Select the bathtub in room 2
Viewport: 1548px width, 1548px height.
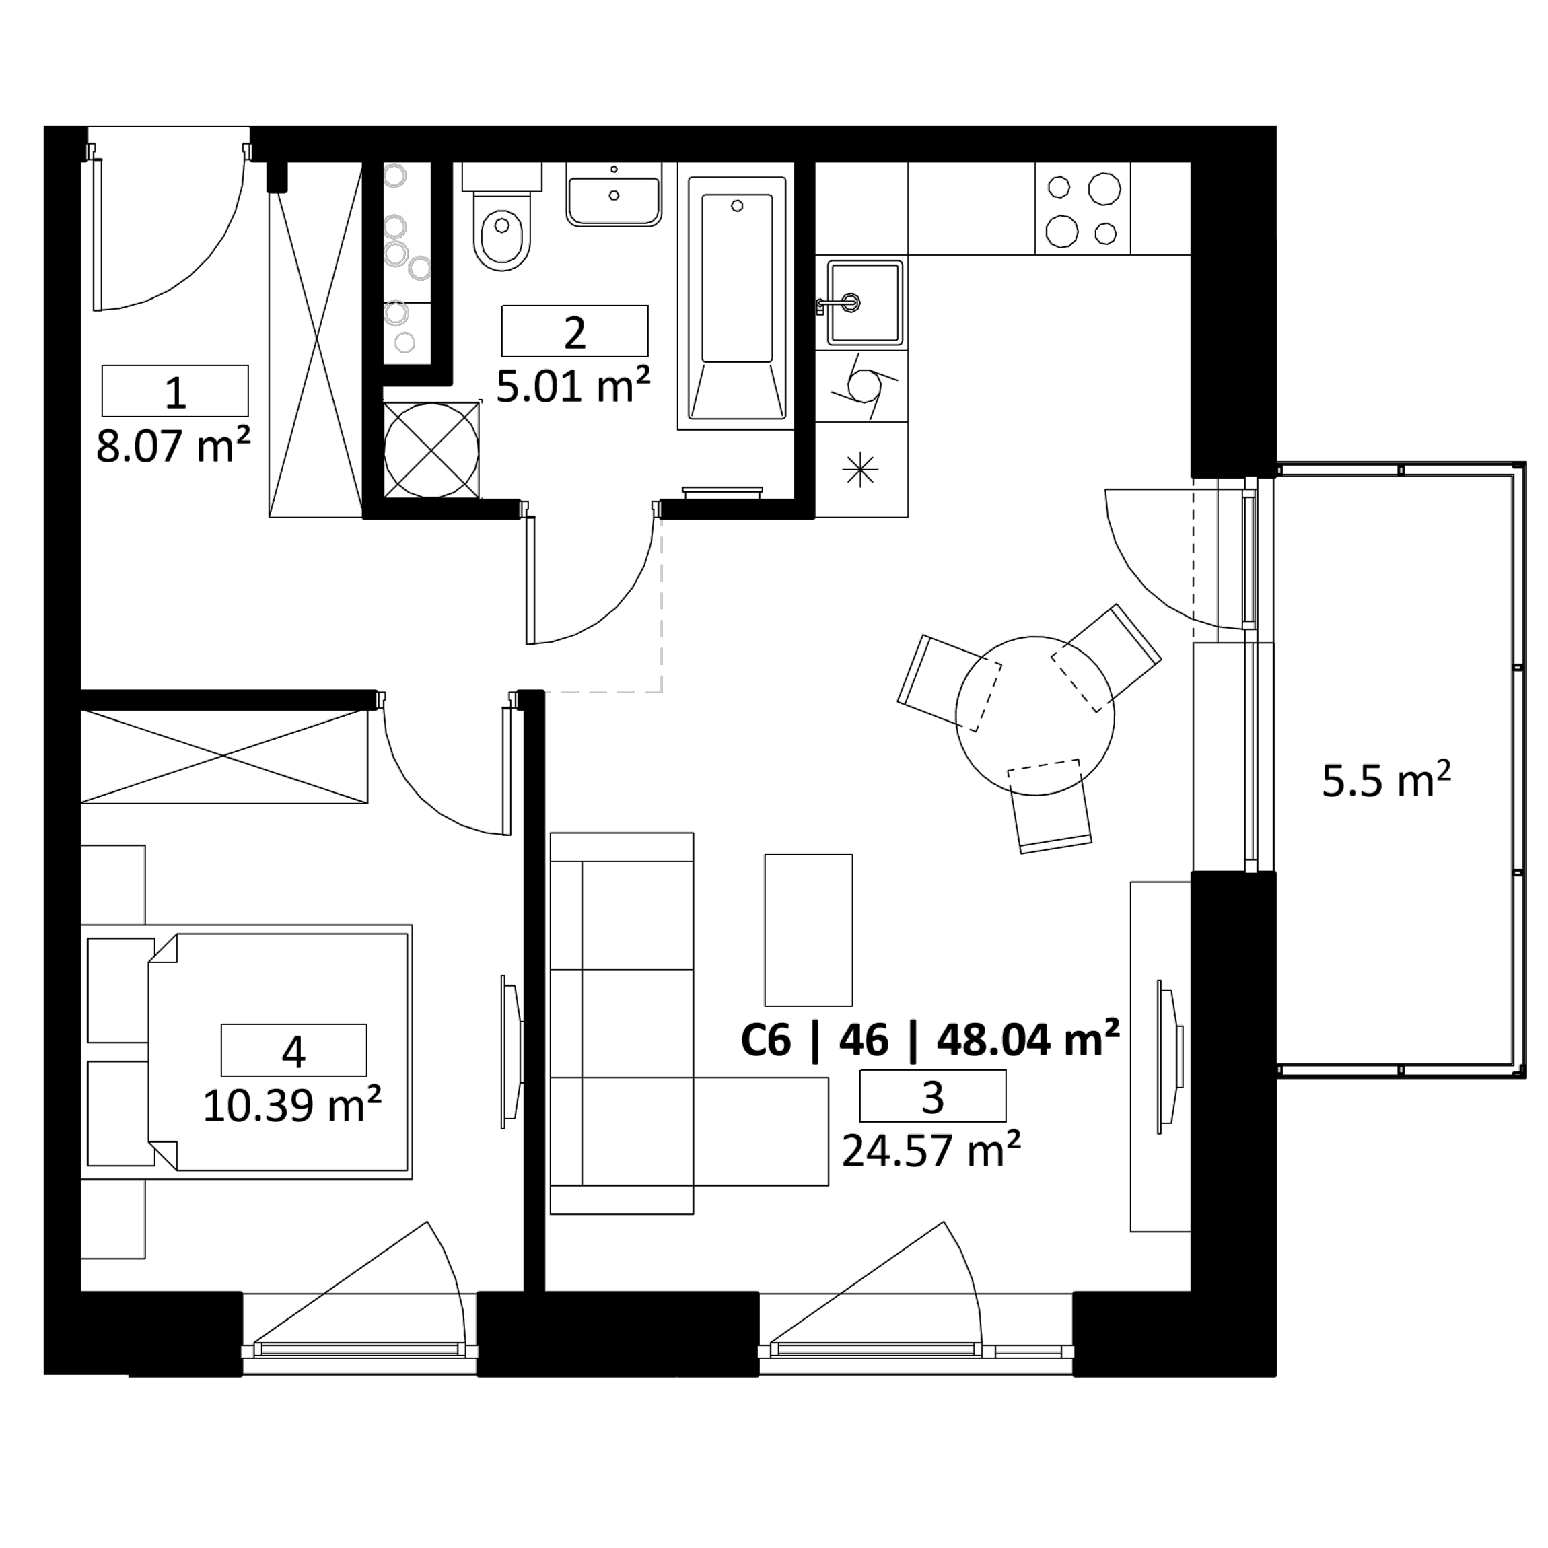737,296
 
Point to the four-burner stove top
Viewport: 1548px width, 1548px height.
1082,209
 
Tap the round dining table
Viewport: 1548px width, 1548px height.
1034,715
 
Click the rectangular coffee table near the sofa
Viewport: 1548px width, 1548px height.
808,929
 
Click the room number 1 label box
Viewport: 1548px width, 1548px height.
175,391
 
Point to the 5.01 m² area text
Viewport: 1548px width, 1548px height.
573,387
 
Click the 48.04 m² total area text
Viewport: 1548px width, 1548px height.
1028,1041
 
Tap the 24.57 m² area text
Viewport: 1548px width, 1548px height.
931,1152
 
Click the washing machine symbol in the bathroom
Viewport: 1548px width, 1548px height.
431,450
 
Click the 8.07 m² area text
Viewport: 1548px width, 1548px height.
173,446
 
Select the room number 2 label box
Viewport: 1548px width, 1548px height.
575,331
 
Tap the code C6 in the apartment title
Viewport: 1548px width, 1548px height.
766,1041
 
